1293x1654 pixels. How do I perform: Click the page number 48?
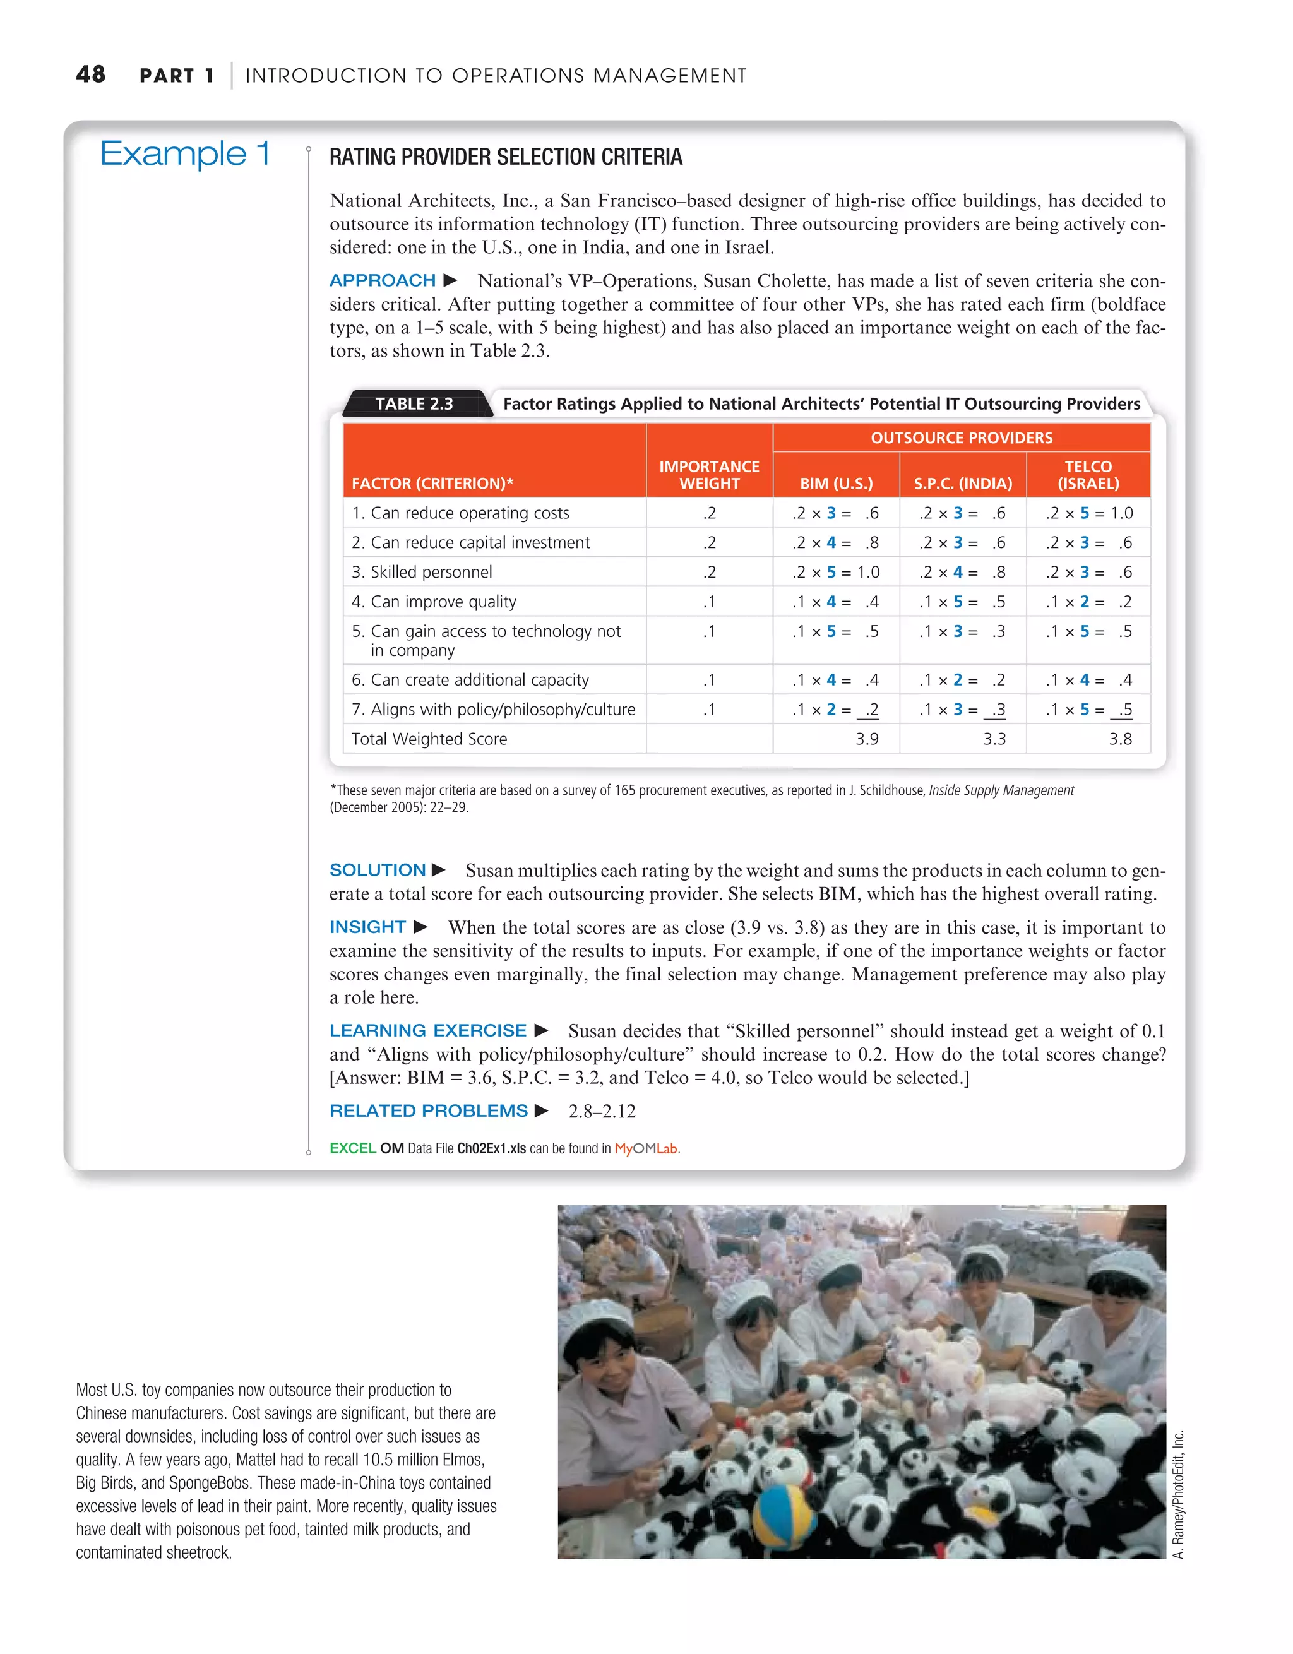click(x=90, y=74)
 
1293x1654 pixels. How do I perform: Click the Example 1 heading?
click(x=185, y=155)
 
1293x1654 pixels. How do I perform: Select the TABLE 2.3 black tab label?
click(x=414, y=403)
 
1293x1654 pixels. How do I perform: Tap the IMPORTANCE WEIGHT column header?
click(x=709, y=475)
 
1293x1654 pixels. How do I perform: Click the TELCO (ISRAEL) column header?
click(x=1088, y=475)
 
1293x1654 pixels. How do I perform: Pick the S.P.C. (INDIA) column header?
click(x=962, y=483)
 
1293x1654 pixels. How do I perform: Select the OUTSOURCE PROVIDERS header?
click(x=962, y=437)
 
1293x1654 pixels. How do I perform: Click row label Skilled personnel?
click(x=422, y=572)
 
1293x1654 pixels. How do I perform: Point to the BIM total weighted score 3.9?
click(x=867, y=739)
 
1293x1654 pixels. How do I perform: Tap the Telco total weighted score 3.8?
click(x=1119, y=739)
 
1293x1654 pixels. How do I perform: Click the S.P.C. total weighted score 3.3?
click(x=994, y=739)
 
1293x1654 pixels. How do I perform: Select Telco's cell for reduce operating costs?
click(x=1088, y=513)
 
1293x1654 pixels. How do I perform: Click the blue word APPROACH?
click(x=383, y=280)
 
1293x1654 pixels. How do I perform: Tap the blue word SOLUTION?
click(x=377, y=869)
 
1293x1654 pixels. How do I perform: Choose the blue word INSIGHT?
click(x=367, y=927)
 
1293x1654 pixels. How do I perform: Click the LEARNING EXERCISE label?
click(x=428, y=1030)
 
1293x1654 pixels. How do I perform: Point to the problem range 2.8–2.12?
click(x=602, y=1111)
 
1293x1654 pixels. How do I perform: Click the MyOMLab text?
click(x=645, y=1149)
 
